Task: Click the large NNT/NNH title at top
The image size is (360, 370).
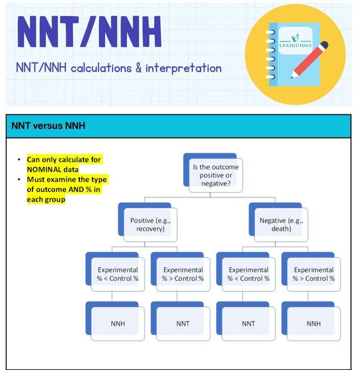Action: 89,33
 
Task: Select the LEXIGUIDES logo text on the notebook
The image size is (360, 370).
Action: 295,45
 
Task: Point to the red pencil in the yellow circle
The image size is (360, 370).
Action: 309,59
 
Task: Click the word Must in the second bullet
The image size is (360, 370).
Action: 36,179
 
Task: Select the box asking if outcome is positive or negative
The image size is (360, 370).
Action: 215,175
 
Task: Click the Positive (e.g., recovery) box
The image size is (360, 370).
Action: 150,224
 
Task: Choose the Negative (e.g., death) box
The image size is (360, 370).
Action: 281,224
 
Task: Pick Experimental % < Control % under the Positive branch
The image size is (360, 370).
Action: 117,274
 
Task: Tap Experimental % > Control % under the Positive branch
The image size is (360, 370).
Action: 183,274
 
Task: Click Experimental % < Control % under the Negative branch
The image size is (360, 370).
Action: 248,274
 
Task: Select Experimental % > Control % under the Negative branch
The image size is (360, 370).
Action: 313,274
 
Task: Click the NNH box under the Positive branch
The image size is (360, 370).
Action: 117,324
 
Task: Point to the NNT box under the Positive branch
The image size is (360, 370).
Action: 183,324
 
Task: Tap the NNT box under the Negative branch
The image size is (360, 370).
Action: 248,324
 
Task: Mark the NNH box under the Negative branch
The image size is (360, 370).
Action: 313,324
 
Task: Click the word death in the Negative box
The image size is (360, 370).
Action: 281,229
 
